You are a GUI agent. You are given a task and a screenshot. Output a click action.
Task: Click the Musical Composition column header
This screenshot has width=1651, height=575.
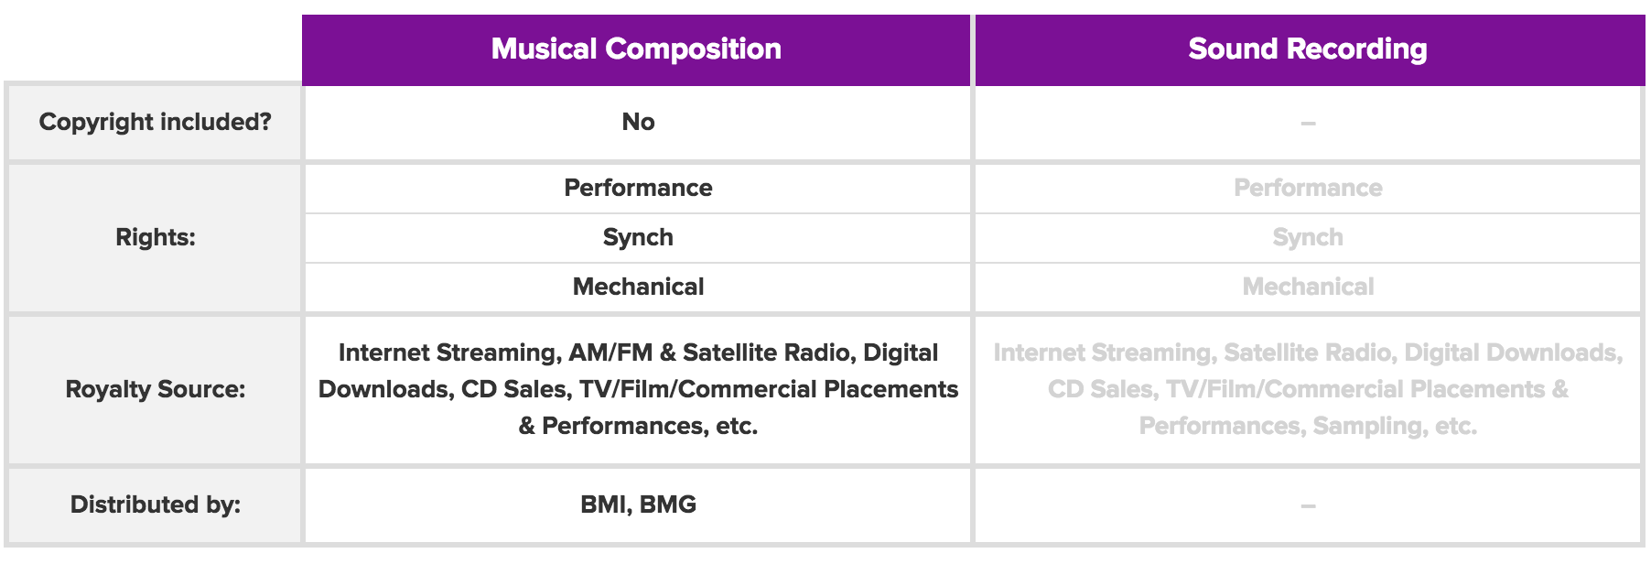click(636, 49)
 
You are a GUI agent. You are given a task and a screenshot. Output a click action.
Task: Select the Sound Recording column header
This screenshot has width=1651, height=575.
click(1308, 49)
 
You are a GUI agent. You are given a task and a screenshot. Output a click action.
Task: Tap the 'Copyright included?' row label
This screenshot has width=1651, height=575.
click(155, 123)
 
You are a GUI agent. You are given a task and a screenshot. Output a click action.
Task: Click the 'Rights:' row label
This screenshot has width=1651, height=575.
click(156, 238)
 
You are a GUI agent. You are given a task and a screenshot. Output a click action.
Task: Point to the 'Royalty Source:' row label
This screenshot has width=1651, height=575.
click(156, 390)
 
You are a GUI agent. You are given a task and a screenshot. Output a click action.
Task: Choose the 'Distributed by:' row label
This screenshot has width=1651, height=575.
click(156, 504)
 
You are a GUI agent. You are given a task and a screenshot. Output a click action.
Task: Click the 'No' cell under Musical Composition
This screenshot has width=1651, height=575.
click(638, 123)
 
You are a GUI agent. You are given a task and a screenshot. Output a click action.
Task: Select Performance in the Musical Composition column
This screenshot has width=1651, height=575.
click(638, 188)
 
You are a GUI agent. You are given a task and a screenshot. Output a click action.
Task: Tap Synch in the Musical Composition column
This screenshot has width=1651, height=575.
click(638, 238)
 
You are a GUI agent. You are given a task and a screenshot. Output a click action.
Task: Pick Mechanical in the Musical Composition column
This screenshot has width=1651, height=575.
click(638, 287)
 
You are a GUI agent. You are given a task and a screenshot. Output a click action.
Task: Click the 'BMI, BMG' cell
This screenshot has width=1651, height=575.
click(638, 504)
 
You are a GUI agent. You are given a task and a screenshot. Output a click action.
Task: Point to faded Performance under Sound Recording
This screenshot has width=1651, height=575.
click(1308, 188)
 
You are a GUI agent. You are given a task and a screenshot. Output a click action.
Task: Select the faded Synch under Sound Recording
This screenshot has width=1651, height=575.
click(1308, 238)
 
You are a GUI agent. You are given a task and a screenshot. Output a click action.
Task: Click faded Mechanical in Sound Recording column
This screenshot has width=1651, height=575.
click(1308, 287)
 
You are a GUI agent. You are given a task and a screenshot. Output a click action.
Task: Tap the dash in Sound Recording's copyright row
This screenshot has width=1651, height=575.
click(1308, 124)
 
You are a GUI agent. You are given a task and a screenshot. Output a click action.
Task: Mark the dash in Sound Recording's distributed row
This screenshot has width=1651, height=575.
click(1308, 505)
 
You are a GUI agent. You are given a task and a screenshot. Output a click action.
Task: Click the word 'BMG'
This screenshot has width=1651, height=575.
click(667, 504)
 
